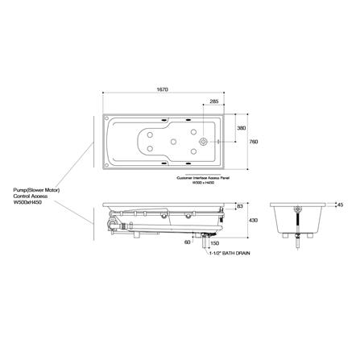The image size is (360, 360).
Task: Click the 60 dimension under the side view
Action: (187, 241)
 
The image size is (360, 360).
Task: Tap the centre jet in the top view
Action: (173, 143)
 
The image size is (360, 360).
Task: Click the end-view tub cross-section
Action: (299, 217)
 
